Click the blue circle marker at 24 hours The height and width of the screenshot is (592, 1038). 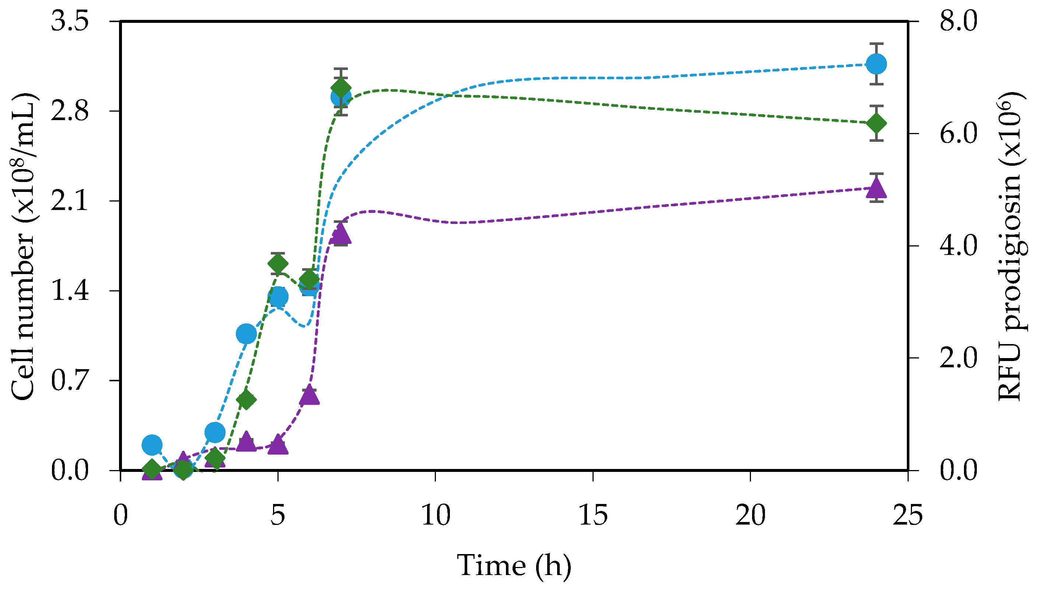pos(876,64)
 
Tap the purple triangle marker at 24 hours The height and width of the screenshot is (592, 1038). pos(876,188)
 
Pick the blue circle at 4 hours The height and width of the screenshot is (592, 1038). pos(246,334)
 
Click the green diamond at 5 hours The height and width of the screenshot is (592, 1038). pos(278,264)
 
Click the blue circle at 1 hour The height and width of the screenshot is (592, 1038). pos(152,444)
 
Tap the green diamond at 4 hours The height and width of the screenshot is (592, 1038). pos(246,400)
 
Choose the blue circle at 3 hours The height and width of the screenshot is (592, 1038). pos(215,432)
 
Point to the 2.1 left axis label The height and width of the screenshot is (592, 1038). pos(70,200)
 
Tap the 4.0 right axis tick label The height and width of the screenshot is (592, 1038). pos(958,246)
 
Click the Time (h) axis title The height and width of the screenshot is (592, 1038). pos(514,565)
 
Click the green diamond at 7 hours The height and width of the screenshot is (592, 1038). pos(341,87)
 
